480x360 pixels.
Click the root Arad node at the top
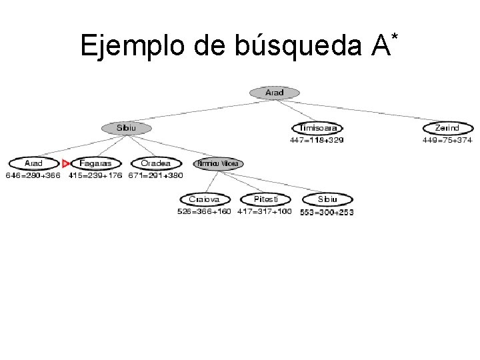[274, 93]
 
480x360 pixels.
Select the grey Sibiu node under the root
[126, 127]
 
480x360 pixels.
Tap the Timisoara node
[317, 127]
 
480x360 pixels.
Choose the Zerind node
[447, 127]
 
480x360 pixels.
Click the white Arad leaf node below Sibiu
[33, 163]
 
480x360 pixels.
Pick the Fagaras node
[96, 163]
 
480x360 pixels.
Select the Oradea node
[155, 163]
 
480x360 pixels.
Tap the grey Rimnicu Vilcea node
[217, 163]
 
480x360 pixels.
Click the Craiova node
[204, 199]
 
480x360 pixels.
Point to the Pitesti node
[265, 199]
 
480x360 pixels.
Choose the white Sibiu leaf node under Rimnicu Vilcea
[327, 199]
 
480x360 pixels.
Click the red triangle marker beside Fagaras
[65, 163]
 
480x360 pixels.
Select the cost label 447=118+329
[317, 140]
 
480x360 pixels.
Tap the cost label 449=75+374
[447, 140]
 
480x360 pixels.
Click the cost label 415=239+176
[96, 176]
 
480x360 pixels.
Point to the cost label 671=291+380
[155, 176]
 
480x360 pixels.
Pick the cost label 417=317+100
[264, 211]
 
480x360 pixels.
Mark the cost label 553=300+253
[327, 212]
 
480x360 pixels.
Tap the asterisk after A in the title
[395, 34]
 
